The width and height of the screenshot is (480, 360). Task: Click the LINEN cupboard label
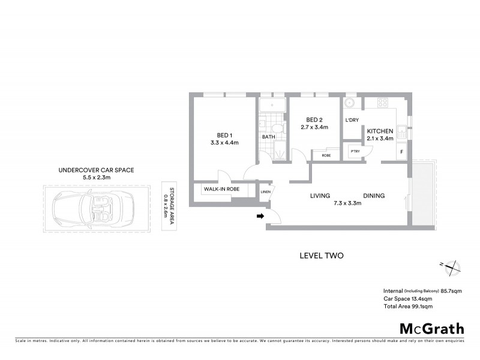coord(265,191)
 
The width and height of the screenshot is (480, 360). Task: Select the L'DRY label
coord(352,121)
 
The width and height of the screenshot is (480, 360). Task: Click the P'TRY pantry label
coord(355,152)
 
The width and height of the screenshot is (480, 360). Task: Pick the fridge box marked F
coord(401,152)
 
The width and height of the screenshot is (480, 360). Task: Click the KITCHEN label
coord(380,131)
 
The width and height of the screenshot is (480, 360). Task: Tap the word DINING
coord(373,196)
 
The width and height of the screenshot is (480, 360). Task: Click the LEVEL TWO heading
coord(320,255)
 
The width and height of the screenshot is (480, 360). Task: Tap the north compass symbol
coord(451,268)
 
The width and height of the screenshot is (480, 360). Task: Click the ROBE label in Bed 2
coord(326,154)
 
